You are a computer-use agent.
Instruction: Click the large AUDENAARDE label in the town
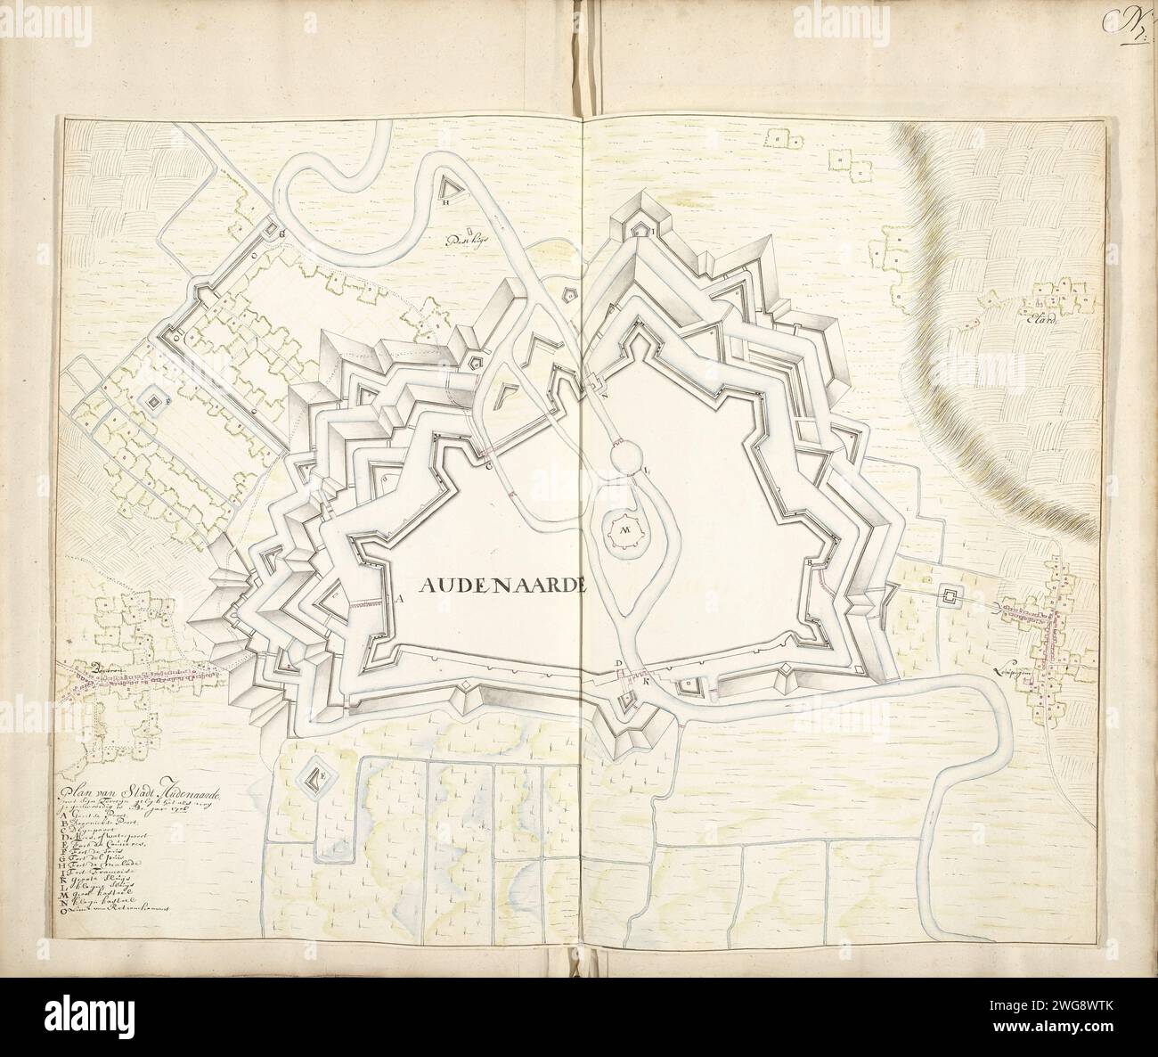(x=501, y=586)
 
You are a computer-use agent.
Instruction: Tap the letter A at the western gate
(x=401, y=600)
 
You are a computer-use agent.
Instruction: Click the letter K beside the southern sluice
(x=645, y=682)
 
